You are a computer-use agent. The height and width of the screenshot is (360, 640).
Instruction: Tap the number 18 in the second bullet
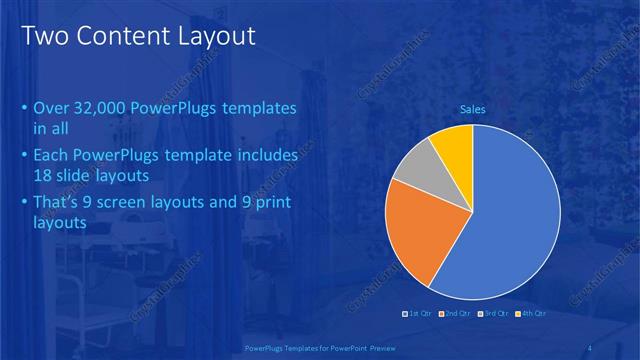(42, 176)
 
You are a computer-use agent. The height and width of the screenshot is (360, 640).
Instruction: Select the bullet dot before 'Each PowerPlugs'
(25, 157)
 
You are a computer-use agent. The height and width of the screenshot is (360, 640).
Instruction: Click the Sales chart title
(472, 109)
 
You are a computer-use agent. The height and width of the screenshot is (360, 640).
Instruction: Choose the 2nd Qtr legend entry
(457, 314)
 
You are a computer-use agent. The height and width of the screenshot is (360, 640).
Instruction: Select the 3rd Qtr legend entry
(494, 314)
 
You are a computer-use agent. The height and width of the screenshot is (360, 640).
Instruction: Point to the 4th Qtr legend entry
(531, 314)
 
